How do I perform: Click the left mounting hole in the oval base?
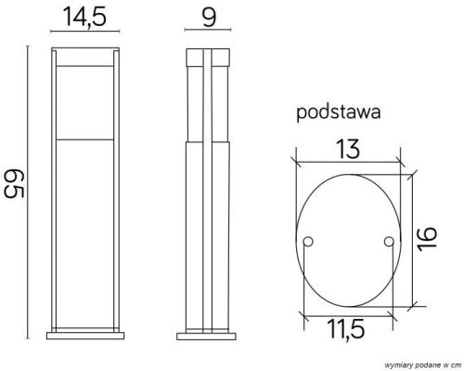tap(309, 242)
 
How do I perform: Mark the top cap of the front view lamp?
tap(84, 52)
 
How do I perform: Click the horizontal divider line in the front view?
tap(84, 137)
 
